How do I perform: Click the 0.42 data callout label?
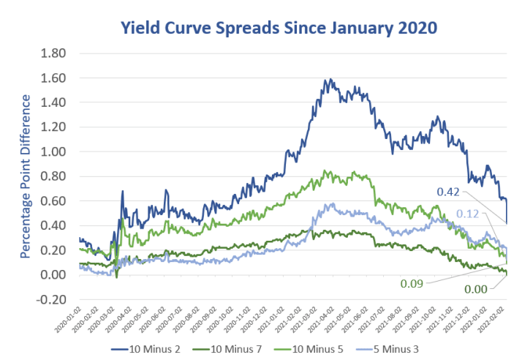(x=449, y=193)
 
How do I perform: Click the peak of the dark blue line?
(x=330, y=79)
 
